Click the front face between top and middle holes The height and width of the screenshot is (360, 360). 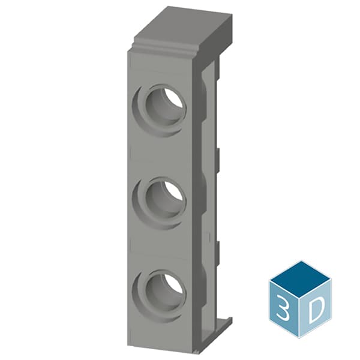pos(162,150)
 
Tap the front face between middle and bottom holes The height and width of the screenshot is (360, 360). pos(162,243)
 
